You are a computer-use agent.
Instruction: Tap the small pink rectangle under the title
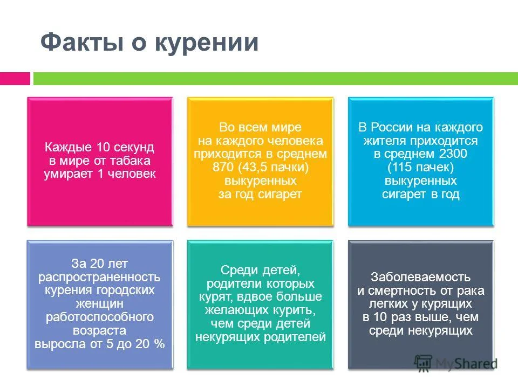(15, 79)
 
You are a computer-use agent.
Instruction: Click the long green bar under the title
(275, 79)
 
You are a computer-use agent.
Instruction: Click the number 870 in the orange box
(223, 167)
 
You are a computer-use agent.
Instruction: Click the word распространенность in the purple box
(100, 278)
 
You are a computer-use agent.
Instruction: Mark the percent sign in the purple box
(160, 343)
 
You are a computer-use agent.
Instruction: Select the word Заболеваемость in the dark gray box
(421, 278)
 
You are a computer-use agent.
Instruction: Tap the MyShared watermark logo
(456, 363)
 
